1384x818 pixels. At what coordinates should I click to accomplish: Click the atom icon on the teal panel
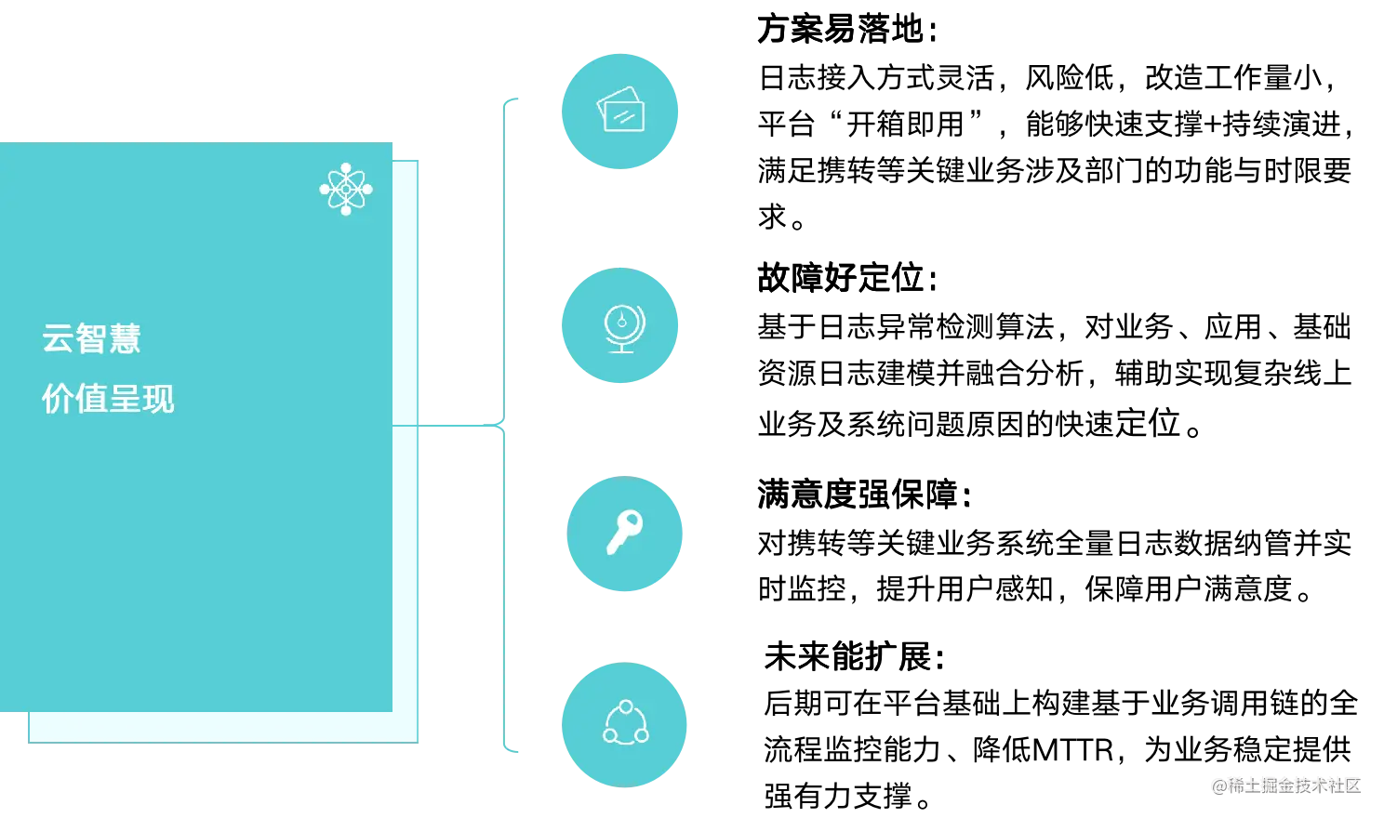pyautogui.click(x=346, y=190)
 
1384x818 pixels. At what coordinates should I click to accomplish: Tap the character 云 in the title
pyautogui.click(x=58, y=338)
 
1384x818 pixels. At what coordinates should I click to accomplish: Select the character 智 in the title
pyautogui.click(x=91, y=338)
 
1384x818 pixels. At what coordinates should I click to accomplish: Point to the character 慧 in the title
pyautogui.click(x=125, y=338)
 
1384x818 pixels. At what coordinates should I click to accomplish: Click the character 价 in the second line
pyautogui.click(x=58, y=399)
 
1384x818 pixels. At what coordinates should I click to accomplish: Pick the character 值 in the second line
pyautogui.click(x=91, y=399)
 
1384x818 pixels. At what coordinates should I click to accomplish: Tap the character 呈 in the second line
pyautogui.click(x=125, y=399)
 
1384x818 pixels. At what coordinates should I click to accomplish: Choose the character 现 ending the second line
pyautogui.click(x=158, y=399)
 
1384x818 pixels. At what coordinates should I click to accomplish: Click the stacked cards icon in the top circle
pyautogui.click(x=620, y=111)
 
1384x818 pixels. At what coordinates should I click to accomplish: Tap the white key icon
pyautogui.click(x=624, y=532)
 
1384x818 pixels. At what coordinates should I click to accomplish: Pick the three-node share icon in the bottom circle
pyautogui.click(x=626, y=723)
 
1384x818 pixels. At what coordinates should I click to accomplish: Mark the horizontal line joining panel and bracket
pyautogui.click(x=460, y=427)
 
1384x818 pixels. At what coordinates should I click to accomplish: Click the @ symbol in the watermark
pyautogui.click(x=1218, y=785)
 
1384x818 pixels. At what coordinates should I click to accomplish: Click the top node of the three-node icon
pyautogui.click(x=626, y=706)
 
